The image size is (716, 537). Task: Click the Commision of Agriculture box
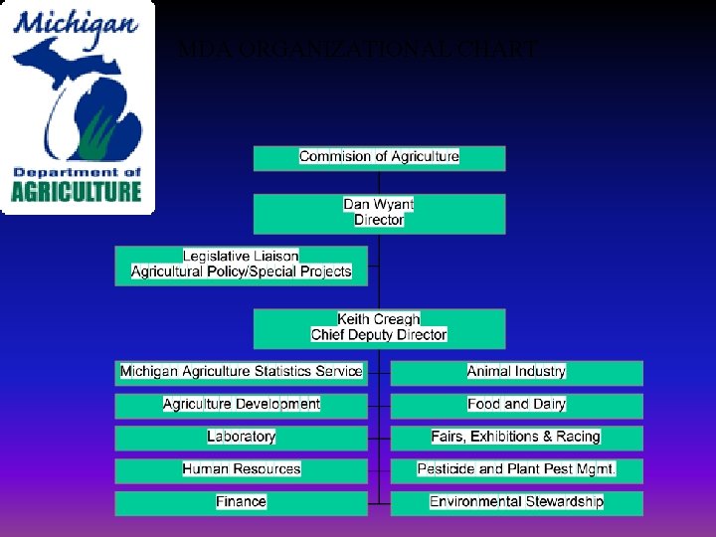coord(379,157)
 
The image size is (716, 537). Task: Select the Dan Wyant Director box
coord(379,213)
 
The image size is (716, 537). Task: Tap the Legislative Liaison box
coord(241,265)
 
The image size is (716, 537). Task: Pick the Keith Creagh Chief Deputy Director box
coord(379,328)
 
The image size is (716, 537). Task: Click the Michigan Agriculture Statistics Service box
coord(241,372)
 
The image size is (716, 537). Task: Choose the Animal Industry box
coord(516,372)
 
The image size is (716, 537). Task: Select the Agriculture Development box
coord(241,405)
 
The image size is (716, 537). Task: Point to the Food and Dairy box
coord(516,405)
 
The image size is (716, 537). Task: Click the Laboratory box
coord(241,437)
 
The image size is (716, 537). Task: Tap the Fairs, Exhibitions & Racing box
coord(516,437)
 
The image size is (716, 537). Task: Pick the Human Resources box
coord(241,469)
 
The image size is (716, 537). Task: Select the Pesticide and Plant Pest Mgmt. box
coord(516,469)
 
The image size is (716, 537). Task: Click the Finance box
coord(241,502)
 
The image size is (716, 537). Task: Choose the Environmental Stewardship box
coord(516,502)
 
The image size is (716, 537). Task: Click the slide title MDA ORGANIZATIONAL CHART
coord(358,49)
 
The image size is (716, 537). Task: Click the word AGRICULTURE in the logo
coord(77,190)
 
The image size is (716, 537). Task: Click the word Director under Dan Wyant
coord(379,220)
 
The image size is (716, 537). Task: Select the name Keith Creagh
coord(379,320)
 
